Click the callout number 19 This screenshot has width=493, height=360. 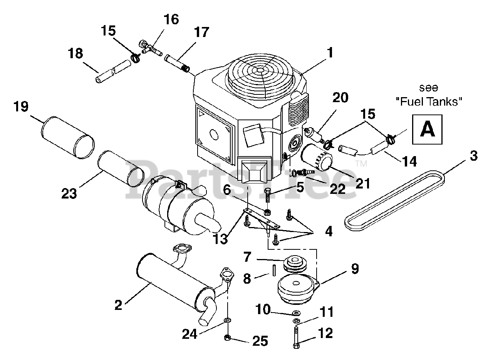[x=21, y=107]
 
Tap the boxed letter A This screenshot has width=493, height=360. [x=427, y=130]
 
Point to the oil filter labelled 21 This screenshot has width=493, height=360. [x=317, y=158]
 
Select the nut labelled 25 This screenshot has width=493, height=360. [x=227, y=337]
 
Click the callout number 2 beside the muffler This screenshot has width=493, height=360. [x=118, y=305]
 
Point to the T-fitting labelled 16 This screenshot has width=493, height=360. [x=150, y=49]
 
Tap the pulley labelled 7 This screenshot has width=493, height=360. [x=295, y=264]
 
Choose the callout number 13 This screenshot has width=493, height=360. [x=220, y=239]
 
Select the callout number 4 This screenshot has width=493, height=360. [x=329, y=232]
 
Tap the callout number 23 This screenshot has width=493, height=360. [x=69, y=193]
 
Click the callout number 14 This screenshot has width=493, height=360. [x=409, y=162]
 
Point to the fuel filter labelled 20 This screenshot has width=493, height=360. [x=313, y=135]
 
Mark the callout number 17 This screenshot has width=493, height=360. [x=201, y=33]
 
